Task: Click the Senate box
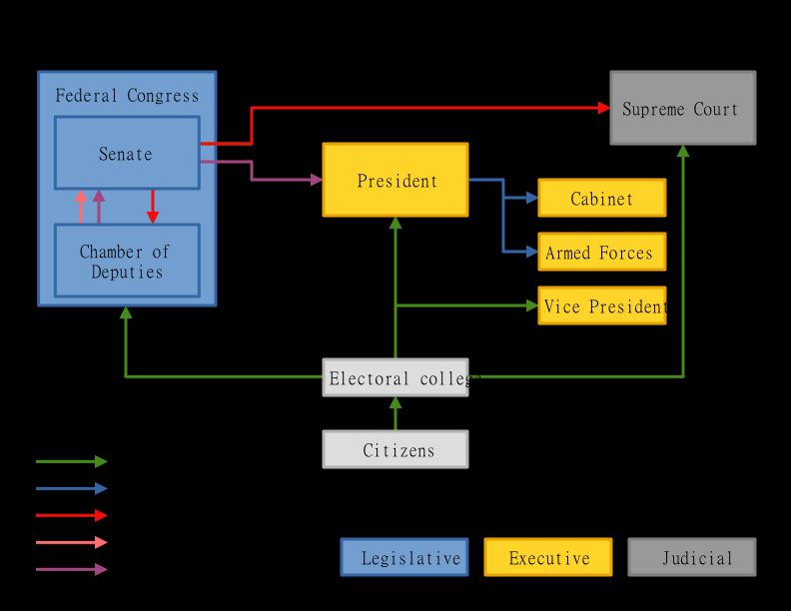pos(127,153)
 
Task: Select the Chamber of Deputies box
pos(127,261)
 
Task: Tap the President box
pos(395,180)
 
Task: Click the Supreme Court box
pos(682,108)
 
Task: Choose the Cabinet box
pos(601,198)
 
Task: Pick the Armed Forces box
pos(601,252)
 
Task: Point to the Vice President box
pos(601,305)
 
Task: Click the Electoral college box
pos(395,377)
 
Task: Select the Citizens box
pos(395,449)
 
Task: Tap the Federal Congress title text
pos(127,96)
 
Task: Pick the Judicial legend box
pos(691,557)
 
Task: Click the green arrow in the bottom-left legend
pos(71,461)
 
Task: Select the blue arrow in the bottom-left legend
pos(71,488)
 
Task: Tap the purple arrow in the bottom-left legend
pos(71,569)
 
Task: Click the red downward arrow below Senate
pos(153,207)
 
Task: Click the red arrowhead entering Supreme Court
pos(604,108)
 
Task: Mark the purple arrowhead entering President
pos(317,180)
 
